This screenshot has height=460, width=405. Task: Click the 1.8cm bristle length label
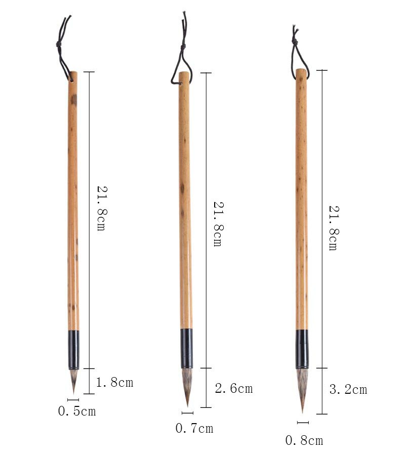pyautogui.click(x=114, y=382)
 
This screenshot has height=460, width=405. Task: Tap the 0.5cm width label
pyautogui.click(x=77, y=411)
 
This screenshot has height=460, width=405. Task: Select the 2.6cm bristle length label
pyautogui.click(x=234, y=388)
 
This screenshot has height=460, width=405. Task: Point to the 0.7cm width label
pyautogui.click(x=194, y=428)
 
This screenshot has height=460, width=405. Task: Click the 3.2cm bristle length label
pyautogui.click(x=348, y=390)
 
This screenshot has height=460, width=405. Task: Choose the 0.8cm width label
pyautogui.click(x=304, y=441)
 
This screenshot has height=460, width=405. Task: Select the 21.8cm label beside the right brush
pyautogui.click(x=334, y=228)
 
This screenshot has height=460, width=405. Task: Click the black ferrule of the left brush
pyautogui.click(x=74, y=350)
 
